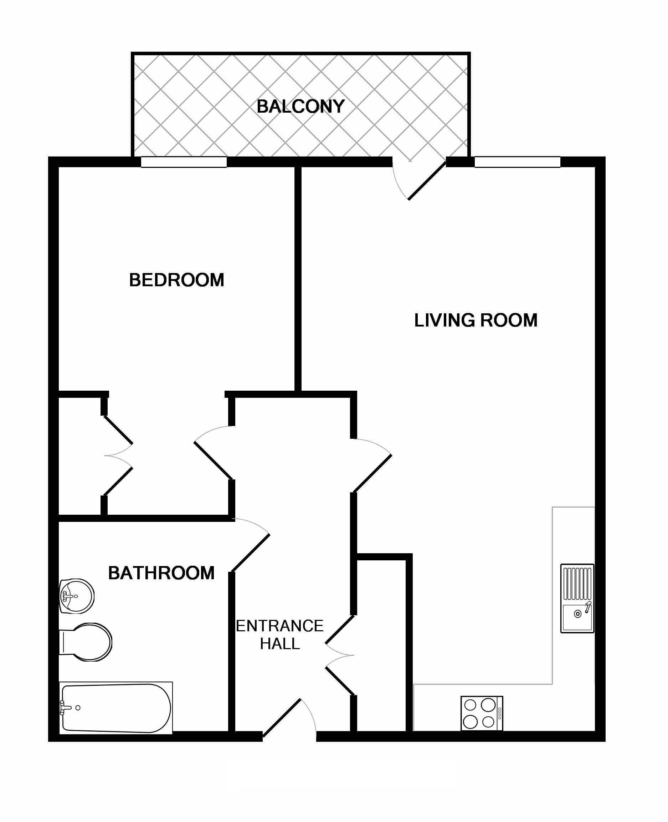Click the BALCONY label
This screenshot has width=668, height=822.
click(300, 106)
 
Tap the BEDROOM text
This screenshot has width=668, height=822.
click(176, 280)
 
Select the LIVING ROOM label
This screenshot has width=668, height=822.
click(476, 320)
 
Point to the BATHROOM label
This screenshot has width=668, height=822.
click(161, 573)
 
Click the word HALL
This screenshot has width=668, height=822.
click(280, 643)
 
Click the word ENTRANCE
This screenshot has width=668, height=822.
click(280, 626)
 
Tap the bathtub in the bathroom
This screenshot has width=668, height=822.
click(116, 708)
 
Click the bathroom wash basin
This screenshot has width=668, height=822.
click(77, 596)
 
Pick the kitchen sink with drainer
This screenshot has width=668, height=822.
click(577, 598)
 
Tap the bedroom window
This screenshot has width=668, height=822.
click(184, 162)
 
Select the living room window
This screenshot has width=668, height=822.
click(518, 162)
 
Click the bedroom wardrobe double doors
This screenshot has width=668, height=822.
click(118, 455)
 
